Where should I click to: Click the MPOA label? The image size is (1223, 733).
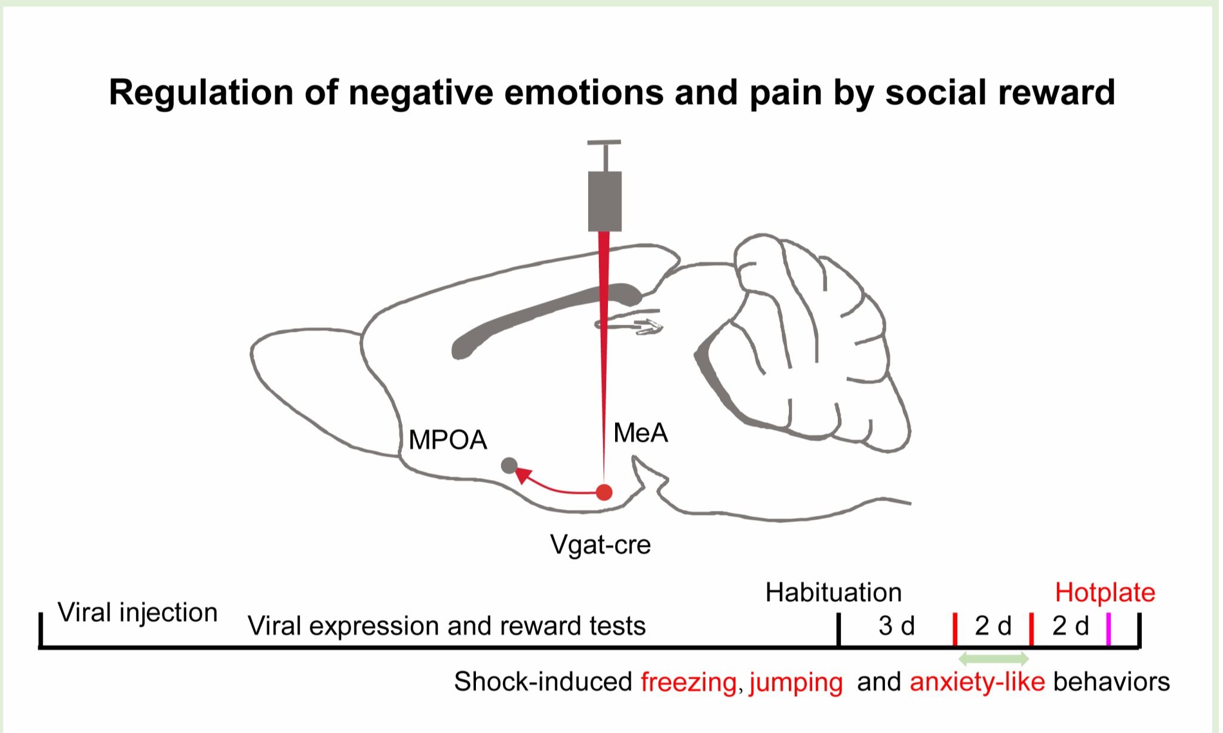point(448,441)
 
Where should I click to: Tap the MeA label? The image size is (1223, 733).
point(640,433)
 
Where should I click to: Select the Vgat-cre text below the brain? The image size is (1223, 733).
point(600,544)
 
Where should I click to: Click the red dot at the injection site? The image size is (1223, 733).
point(604,492)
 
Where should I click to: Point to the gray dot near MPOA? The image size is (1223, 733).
point(509,466)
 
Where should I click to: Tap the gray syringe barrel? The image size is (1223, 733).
point(605,201)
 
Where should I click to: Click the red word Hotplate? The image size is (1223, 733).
point(1105,593)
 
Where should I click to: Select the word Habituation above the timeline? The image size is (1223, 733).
point(833,593)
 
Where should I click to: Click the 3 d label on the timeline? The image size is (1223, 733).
point(896,626)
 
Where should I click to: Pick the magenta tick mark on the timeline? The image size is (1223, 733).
point(1108,629)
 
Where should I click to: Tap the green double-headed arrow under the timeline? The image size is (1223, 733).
point(994,659)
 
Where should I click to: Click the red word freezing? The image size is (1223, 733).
point(689,682)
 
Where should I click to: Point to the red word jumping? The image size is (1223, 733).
point(795,682)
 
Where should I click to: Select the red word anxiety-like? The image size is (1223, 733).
point(977,682)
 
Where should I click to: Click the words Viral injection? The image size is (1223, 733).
point(137,613)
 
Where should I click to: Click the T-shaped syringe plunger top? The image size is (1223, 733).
point(604,143)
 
